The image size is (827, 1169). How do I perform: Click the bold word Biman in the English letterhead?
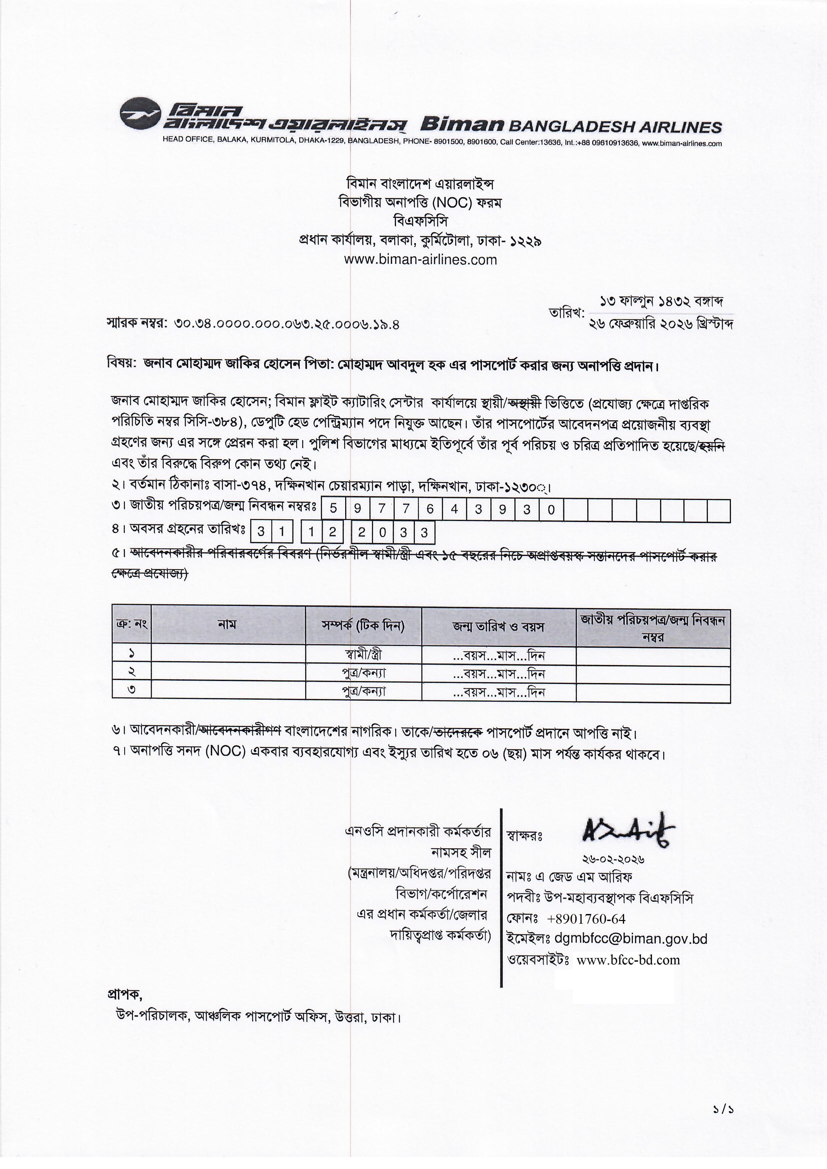[x=462, y=125]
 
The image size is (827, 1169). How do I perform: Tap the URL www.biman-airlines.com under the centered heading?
[x=420, y=260]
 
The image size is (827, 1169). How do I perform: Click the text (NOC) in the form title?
[x=452, y=203]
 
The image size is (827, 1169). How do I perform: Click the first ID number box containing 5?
[x=333, y=509]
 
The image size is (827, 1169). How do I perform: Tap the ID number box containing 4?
[x=454, y=509]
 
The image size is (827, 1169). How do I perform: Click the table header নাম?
[x=227, y=625]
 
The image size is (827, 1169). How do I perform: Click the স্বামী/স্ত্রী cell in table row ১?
[x=363, y=655]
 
